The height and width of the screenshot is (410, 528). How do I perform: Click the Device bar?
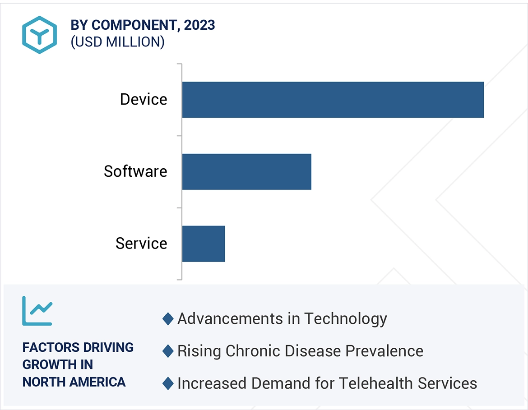pos(333,100)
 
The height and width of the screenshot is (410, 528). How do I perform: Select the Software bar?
pos(246,171)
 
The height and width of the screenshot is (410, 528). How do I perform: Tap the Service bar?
pos(204,244)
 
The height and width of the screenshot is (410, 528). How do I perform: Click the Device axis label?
pos(144,99)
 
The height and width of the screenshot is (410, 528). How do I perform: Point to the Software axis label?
pos(135,171)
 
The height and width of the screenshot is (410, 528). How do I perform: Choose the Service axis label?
pos(141,244)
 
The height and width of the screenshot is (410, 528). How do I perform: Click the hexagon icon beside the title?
pos(39,35)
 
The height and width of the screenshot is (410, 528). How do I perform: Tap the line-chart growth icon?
pos(37,311)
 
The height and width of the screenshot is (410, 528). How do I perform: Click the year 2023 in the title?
pos(199,25)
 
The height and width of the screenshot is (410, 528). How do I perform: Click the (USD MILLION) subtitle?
pos(117,42)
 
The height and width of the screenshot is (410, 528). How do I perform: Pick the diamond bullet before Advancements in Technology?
pos(168,319)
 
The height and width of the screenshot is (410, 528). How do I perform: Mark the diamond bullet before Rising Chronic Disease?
pos(168,351)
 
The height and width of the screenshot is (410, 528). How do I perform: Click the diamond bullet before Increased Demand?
pos(168,383)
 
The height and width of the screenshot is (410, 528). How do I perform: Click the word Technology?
pos(345,319)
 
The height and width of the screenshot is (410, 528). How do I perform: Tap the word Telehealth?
pos(376,383)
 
